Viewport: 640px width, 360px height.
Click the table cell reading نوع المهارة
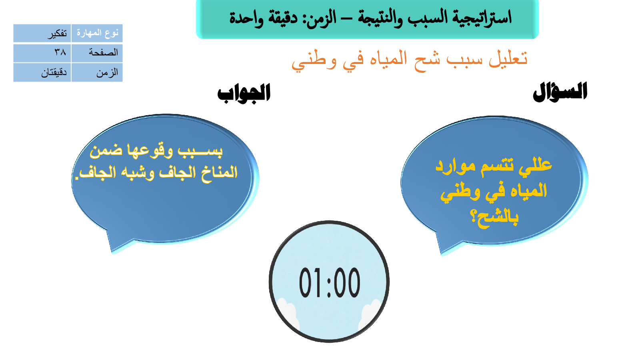click(97, 33)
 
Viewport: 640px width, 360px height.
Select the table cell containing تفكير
click(42, 33)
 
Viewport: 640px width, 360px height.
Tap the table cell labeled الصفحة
click(97, 53)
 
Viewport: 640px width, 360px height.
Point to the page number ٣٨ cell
click(42, 53)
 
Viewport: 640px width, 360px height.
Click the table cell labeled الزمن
click(97, 72)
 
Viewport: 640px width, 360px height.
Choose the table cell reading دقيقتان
click(42, 72)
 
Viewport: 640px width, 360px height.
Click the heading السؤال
click(560, 92)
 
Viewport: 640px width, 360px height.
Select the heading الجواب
click(244, 93)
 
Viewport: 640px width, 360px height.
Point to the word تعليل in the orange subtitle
click(508, 58)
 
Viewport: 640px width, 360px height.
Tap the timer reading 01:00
click(329, 282)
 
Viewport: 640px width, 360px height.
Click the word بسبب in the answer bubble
click(200, 151)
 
